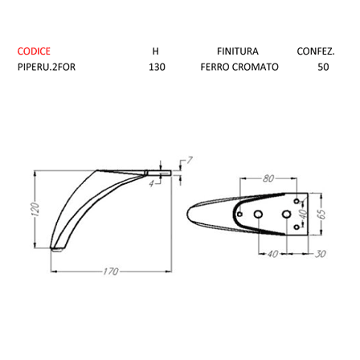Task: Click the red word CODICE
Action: (34, 51)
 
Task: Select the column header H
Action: (155, 51)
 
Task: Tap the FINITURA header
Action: (238, 51)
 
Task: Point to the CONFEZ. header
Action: (316, 51)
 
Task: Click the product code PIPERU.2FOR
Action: (47, 67)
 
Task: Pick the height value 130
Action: (157, 67)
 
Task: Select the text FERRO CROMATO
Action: (239, 67)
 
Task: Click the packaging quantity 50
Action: (323, 67)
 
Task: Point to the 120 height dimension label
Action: (35, 209)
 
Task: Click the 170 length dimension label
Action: (111, 272)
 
